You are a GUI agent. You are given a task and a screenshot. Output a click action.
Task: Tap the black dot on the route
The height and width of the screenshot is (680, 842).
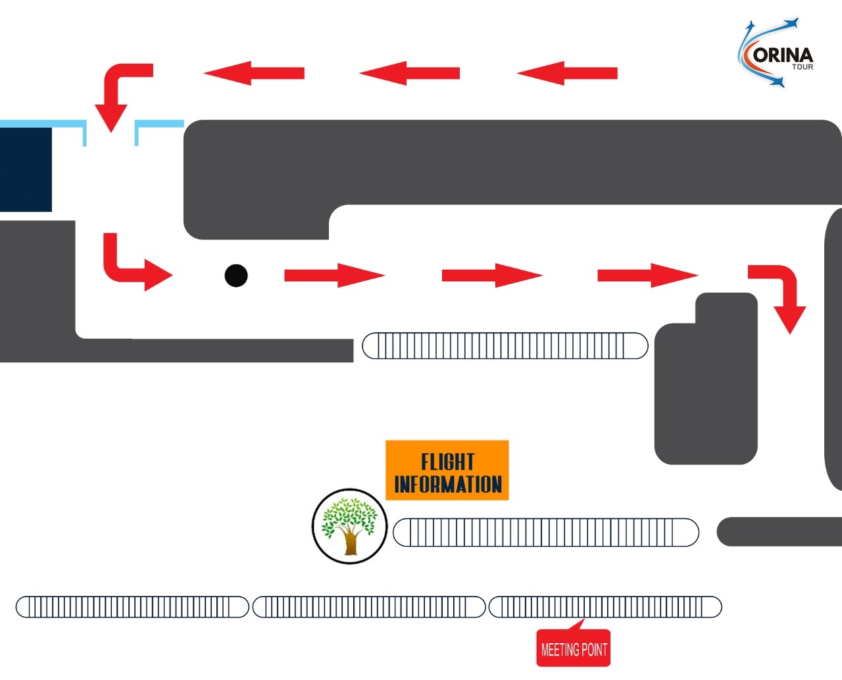[235, 276]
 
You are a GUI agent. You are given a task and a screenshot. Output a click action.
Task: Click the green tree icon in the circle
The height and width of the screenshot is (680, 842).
[349, 525]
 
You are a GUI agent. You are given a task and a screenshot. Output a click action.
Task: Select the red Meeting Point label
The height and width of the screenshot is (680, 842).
[574, 649]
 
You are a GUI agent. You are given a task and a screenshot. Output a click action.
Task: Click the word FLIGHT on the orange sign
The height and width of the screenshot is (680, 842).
[447, 461]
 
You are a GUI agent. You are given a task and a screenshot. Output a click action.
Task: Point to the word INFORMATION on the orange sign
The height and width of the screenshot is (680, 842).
[447, 485]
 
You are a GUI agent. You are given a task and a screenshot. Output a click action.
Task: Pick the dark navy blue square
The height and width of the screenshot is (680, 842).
[26, 170]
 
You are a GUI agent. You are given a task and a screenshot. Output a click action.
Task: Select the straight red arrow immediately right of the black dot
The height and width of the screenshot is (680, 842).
[334, 276]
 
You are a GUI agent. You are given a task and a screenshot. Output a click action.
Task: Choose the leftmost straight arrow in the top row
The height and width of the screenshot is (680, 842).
[254, 73]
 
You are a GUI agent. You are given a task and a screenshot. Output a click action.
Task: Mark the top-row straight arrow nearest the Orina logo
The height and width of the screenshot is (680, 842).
[567, 73]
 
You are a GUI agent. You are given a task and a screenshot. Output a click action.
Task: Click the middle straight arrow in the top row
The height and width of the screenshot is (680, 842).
[409, 73]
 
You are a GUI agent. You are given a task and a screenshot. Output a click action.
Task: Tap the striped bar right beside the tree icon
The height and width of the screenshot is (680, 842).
[545, 532]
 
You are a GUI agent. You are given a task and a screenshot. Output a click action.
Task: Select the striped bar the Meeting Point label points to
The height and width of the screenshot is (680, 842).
[605, 606]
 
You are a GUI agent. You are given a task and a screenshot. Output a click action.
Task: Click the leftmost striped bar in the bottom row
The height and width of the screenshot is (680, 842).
[132, 606]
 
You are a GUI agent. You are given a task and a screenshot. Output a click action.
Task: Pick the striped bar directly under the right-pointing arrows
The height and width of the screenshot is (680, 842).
[505, 346]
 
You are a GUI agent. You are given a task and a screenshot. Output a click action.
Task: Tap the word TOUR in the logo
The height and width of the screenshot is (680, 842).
[802, 67]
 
